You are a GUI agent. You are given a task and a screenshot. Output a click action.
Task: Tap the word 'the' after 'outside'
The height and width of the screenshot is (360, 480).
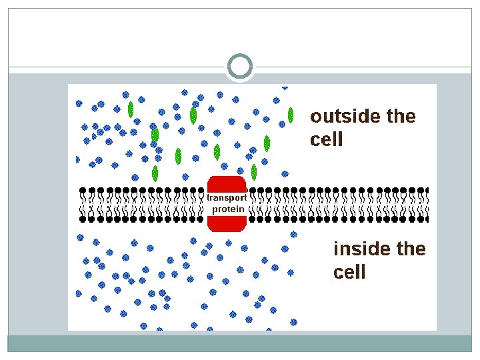401,117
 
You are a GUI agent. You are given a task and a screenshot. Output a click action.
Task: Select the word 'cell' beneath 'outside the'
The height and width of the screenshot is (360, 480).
327,139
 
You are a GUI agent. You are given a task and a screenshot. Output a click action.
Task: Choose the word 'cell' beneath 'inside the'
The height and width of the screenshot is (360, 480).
349,272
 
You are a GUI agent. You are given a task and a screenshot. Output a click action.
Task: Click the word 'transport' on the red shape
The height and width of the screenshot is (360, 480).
227,198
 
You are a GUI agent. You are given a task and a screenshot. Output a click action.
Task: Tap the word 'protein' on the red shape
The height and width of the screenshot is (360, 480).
228,209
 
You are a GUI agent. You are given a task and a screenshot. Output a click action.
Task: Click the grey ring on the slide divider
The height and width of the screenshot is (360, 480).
240,67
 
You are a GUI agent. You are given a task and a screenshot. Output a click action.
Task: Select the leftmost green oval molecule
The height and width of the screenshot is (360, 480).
131,109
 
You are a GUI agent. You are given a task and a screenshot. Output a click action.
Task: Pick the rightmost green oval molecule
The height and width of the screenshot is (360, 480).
291,115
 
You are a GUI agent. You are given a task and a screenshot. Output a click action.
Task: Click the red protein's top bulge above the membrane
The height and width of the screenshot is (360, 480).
227,183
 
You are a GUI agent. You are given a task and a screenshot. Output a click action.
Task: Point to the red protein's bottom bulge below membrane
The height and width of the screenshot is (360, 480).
227,223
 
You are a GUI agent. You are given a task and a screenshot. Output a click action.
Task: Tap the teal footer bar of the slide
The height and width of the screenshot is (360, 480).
240,343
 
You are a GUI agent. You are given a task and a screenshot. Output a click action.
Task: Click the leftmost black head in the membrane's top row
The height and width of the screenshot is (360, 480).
83,191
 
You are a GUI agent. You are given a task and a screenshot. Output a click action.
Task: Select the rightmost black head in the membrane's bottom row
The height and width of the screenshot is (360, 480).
426,218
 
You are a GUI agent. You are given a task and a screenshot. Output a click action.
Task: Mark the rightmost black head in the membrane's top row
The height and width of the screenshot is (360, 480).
426,191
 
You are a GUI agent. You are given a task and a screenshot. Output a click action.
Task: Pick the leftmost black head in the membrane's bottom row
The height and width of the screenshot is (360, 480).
83,218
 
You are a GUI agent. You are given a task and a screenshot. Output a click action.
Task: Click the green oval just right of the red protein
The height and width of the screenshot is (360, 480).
254,172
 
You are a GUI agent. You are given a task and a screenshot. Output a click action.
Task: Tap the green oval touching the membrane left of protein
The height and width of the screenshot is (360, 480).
155,174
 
